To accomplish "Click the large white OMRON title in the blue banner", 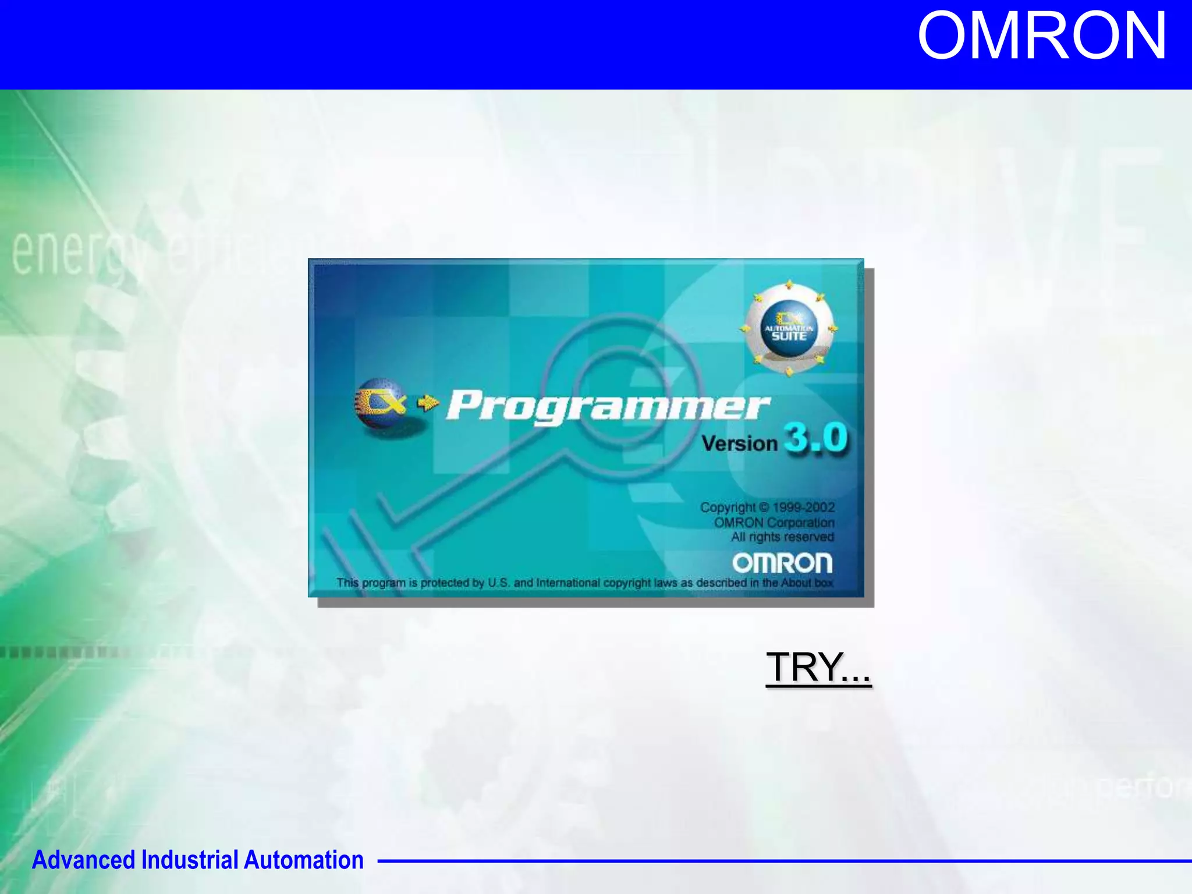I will click(1041, 37).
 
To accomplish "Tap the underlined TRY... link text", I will click(818, 667).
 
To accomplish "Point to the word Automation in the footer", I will click(303, 860).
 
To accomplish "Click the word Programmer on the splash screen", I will click(608, 406).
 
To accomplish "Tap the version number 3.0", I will click(816, 438).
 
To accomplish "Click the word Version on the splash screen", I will click(739, 444).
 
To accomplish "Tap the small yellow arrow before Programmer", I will click(428, 402).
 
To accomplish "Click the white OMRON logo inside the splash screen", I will click(782, 563).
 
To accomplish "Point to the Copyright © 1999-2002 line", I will click(767, 508).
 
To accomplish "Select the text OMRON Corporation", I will click(774, 523).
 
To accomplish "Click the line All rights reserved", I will click(782, 537).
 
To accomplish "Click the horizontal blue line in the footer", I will click(780, 860).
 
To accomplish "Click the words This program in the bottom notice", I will click(371, 583).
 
